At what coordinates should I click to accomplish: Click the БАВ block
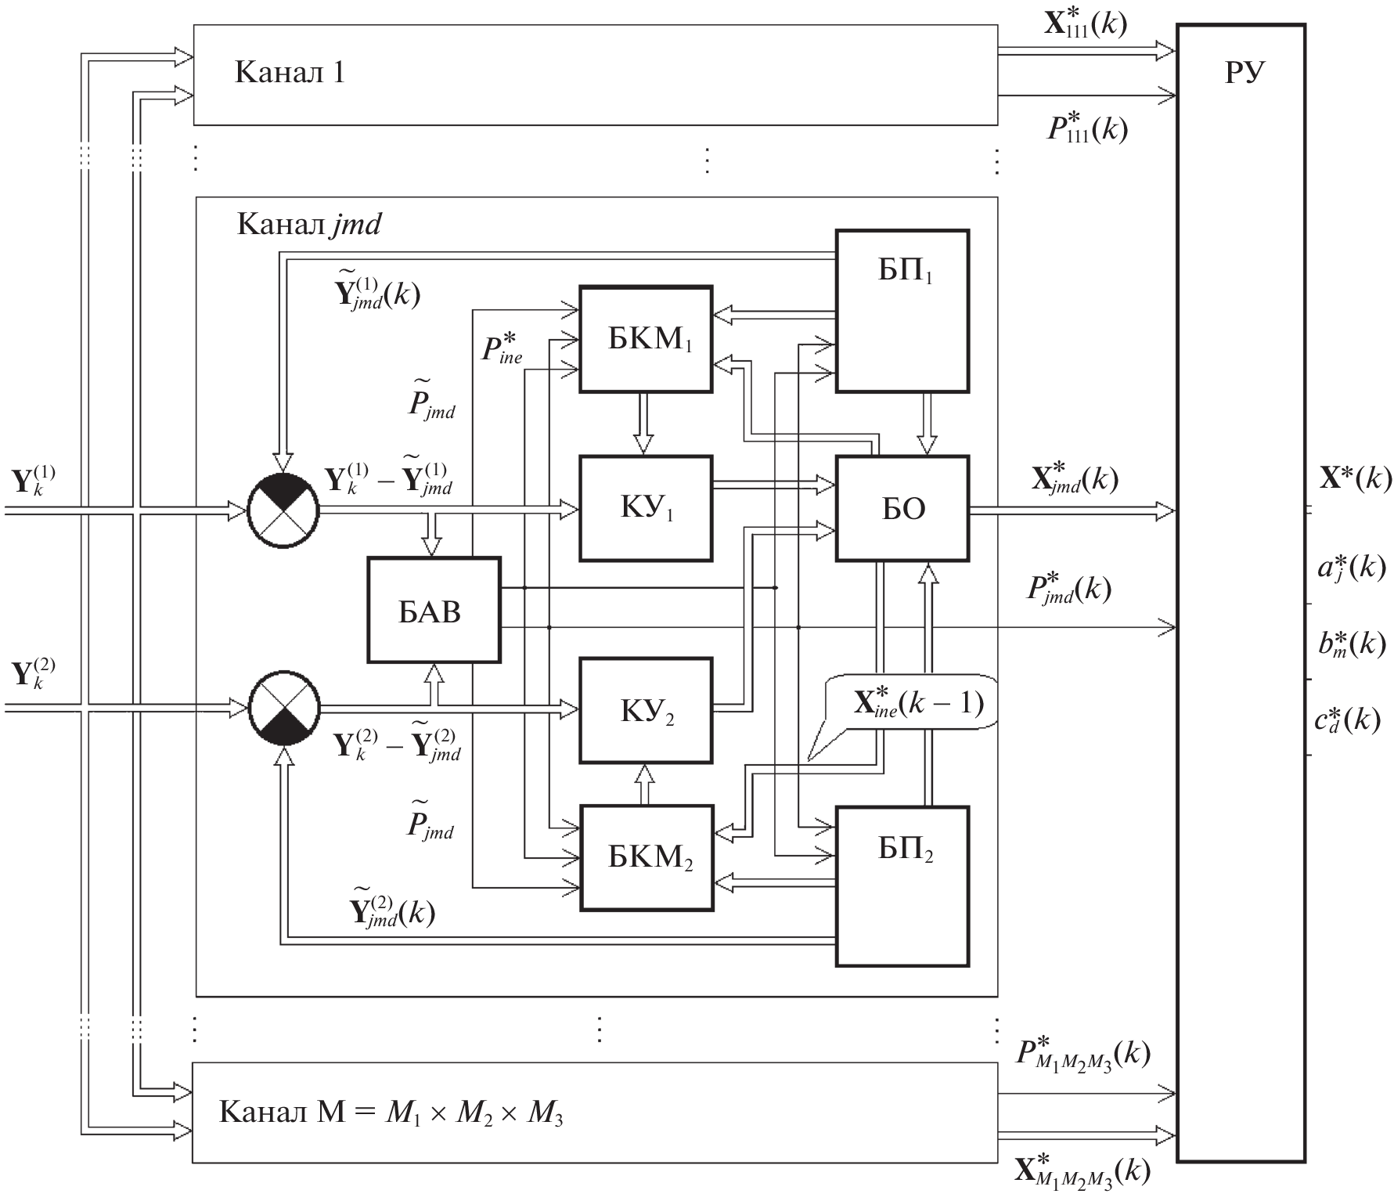[x=434, y=610]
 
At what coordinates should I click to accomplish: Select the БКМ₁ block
[x=646, y=339]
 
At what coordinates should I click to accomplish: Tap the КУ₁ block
[x=646, y=508]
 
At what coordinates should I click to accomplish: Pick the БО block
[x=902, y=508]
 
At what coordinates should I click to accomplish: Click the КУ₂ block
[x=646, y=710]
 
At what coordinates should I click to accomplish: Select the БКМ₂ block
[x=647, y=857]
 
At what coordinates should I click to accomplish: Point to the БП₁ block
[x=902, y=311]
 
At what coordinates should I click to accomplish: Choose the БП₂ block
[x=902, y=885]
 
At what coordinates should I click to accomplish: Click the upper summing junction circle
[x=283, y=509]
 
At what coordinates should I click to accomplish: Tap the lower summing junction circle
[x=284, y=709]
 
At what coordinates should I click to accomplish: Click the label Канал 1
[x=290, y=73]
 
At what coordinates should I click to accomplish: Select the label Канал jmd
[x=308, y=225]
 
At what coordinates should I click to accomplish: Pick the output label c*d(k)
[x=1347, y=718]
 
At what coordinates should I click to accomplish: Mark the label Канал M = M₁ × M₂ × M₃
[x=391, y=1112]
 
